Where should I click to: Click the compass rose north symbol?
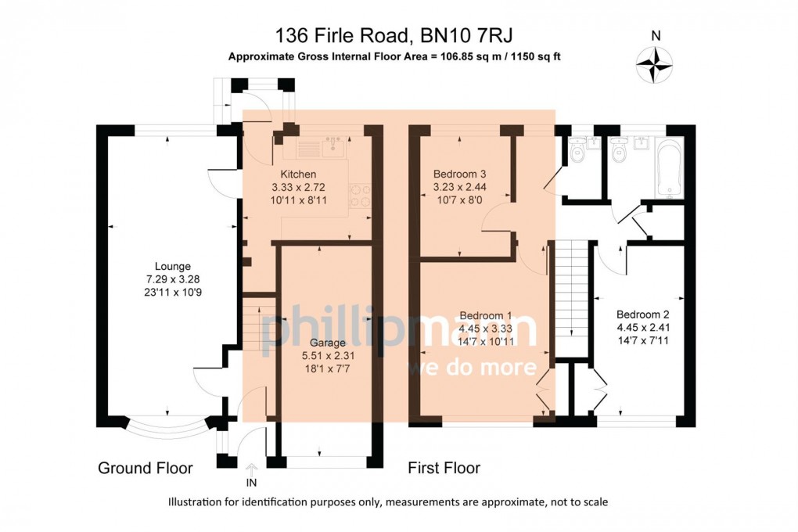(x=656, y=63)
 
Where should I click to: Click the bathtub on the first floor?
(x=670, y=168)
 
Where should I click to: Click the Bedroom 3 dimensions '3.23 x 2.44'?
(x=460, y=187)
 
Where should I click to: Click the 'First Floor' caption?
(x=444, y=468)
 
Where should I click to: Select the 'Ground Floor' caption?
(x=145, y=468)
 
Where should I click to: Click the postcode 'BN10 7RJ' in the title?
(x=467, y=35)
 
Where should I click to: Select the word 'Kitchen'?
(x=299, y=174)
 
